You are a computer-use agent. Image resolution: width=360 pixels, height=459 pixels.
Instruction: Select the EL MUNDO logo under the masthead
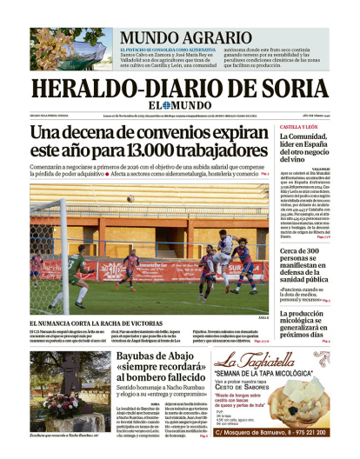pos(180,106)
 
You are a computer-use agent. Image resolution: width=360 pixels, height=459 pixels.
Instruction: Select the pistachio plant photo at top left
pos(70,49)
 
